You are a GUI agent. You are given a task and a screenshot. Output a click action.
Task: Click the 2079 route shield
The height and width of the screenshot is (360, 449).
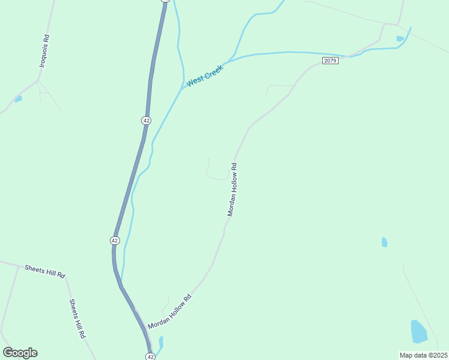[330, 61]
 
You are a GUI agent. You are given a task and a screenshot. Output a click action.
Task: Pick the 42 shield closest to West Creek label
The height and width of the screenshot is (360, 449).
[146, 121]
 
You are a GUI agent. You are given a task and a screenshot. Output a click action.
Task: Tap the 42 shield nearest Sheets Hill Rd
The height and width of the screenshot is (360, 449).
[115, 240]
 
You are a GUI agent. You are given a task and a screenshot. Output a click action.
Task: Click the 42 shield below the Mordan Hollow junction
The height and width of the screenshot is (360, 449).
[151, 356]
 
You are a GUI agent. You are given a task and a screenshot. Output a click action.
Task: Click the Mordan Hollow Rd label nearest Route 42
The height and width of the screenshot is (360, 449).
[169, 312]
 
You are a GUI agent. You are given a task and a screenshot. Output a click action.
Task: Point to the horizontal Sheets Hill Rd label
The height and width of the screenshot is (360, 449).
[44, 271]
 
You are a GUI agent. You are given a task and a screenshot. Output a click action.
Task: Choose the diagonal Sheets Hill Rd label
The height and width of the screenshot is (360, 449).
[76, 319]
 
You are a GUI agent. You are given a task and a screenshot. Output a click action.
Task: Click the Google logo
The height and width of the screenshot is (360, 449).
[20, 353]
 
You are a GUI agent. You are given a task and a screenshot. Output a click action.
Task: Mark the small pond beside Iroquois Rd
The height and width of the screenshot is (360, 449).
[19, 99]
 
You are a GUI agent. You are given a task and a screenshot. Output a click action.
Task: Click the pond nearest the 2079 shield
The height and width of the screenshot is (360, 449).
[400, 39]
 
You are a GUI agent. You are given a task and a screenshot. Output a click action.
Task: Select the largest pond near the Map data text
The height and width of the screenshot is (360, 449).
[418, 331]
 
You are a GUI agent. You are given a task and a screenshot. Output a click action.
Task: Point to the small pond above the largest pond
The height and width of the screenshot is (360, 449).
[384, 242]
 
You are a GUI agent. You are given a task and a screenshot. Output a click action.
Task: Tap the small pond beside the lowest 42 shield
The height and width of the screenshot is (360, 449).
[160, 343]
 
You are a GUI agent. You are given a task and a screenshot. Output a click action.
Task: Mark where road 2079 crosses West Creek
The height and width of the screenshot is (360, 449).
[348, 56]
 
